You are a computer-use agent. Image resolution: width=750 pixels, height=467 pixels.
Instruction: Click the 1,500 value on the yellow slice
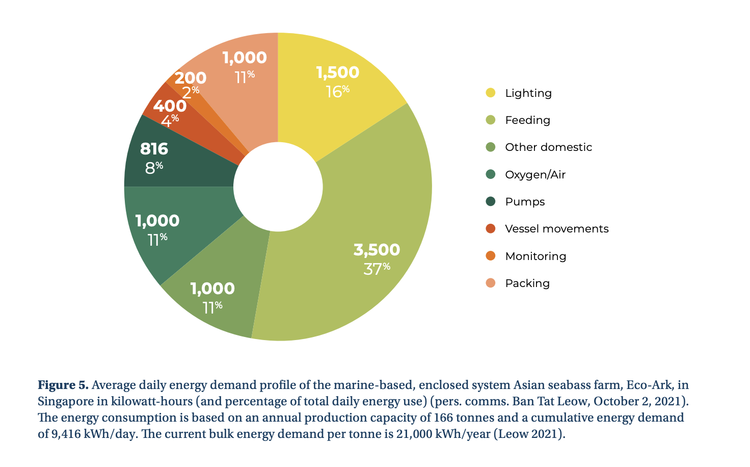point(337,72)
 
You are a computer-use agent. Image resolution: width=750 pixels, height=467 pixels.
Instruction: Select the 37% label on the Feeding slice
point(377,268)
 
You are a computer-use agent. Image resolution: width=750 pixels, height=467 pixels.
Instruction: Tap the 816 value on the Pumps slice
point(154,149)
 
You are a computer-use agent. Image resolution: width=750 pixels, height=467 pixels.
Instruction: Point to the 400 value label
point(170,106)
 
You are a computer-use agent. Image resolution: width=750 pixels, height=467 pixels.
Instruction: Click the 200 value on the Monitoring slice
point(190,78)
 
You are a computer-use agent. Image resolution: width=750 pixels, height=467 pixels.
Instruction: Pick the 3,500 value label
point(377,250)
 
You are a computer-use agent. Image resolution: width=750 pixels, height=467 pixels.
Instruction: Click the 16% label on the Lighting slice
point(337,91)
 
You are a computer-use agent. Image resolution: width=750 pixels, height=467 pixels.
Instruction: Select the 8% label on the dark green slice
point(154,167)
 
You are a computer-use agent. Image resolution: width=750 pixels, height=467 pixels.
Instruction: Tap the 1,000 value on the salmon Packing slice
point(245,58)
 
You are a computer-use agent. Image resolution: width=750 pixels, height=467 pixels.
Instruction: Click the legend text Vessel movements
point(556,229)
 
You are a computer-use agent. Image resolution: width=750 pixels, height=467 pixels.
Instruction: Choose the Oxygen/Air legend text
point(535,175)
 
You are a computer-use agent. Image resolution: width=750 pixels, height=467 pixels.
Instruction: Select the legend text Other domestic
point(548,147)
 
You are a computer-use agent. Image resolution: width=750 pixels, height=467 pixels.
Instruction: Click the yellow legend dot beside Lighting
point(491,93)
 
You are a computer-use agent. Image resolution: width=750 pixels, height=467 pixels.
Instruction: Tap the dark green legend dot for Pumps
point(491,201)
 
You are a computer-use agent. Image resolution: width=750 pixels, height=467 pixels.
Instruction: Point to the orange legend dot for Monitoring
point(491,256)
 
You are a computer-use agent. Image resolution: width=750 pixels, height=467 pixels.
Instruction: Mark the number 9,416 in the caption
point(66,434)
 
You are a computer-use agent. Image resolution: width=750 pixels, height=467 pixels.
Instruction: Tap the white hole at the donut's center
point(278,187)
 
